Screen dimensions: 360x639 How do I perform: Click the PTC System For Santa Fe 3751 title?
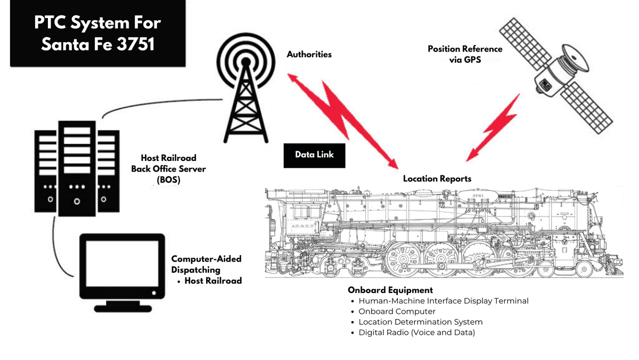click(97, 33)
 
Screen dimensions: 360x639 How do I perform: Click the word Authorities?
click(309, 54)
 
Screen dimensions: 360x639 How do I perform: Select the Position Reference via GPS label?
click(465, 54)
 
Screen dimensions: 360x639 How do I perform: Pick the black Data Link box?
click(314, 154)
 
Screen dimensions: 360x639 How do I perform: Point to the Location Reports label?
click(437, 178)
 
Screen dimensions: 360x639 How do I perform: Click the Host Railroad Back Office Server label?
click(168, 168)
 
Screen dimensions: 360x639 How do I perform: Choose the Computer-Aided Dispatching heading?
click(206, 264)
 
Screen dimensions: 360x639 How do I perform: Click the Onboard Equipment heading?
click(390, 290)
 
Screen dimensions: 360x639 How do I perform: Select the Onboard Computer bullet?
click(397, 312)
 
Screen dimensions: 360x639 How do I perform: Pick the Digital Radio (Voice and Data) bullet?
click(416, 333)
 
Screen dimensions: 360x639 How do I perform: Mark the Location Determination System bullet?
click(420, 322)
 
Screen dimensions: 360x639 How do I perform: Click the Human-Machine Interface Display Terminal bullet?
click(443, 301)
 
